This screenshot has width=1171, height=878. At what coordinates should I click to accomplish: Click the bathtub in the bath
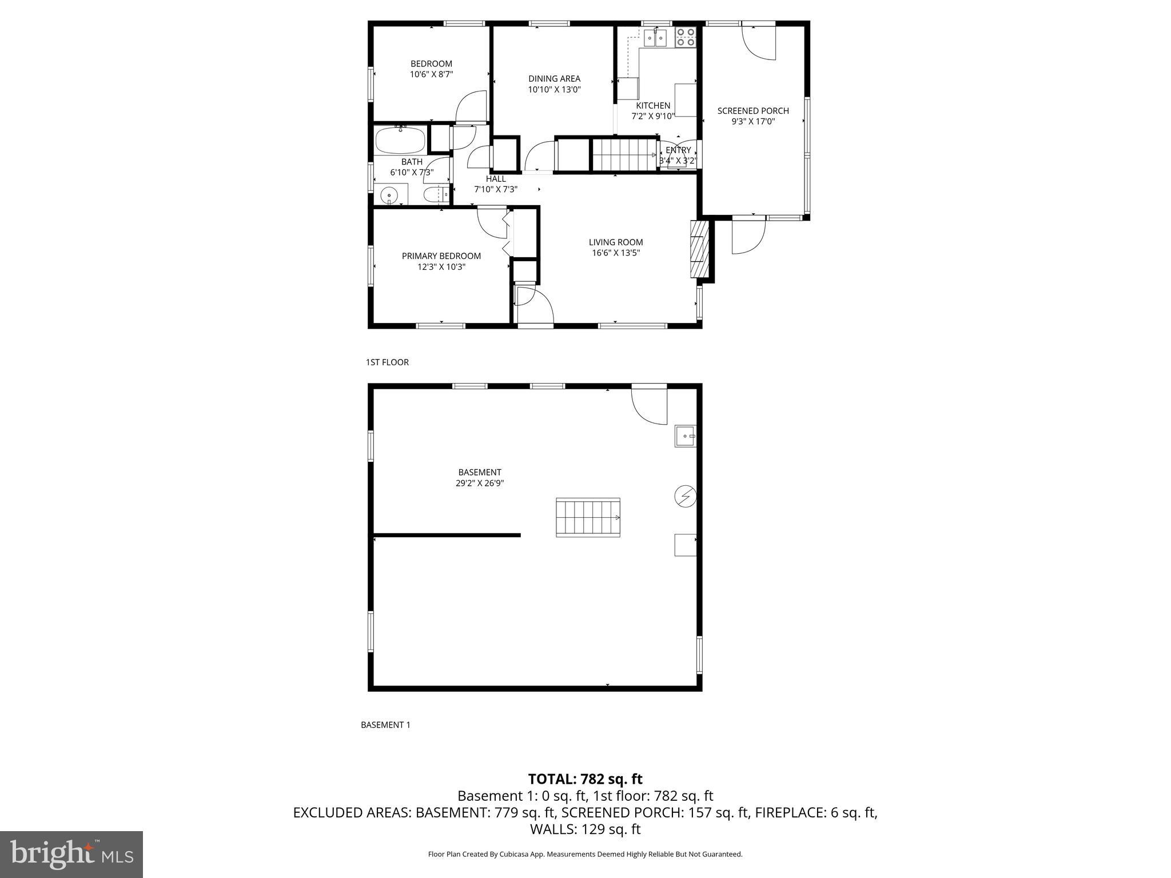coord(400,140)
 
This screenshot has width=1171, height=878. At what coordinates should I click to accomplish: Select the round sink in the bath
coord(389,196)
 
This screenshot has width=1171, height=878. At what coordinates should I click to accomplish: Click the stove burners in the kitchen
coord(686,37)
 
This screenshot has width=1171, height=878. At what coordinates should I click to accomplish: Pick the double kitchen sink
coord(655,38)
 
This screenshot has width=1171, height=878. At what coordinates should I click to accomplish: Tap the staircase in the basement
coord(588,517)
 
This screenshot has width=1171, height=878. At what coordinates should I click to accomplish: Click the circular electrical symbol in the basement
coord(685,496)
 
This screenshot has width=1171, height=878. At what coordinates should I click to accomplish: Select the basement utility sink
coord(685,436)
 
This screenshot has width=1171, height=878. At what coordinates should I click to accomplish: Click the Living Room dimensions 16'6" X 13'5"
coord(616,253)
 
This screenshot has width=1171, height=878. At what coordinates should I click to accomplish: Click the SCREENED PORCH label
coord(753,111)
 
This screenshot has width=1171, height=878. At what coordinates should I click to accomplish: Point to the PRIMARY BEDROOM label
coord(441,256)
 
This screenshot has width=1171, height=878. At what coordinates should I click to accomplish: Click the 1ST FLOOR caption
coord(387,362)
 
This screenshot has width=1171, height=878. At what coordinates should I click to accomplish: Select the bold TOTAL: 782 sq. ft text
coord(585,779)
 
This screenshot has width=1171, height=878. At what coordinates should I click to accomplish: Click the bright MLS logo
coord(71,854)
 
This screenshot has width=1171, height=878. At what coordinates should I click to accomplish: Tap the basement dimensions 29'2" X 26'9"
coord(479,483)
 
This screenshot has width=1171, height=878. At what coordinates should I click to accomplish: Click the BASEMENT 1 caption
coord(385,725)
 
